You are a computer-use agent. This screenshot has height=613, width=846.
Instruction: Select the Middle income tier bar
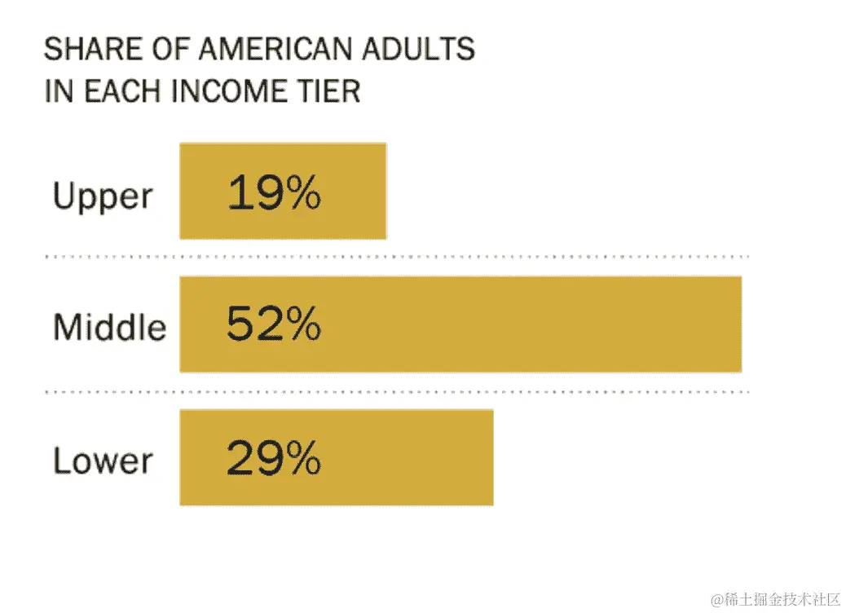530,324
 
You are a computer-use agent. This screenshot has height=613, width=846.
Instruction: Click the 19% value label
274,195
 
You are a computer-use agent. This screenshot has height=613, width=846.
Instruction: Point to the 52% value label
274,325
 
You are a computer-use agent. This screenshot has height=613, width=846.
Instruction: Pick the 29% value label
274,459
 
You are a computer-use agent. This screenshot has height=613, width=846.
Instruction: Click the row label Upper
103,197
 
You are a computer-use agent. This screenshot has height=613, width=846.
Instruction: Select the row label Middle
110,328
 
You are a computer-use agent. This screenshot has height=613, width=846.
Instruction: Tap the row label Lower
103,461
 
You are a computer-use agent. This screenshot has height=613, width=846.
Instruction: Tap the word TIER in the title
329,90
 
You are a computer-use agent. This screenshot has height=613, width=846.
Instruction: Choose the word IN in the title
59,90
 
